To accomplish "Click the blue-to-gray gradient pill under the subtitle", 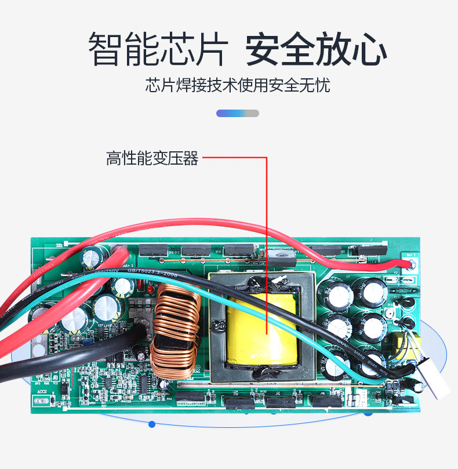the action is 238,113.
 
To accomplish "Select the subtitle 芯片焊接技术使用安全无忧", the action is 238,86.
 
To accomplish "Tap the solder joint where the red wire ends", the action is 412,265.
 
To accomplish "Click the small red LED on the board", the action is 148,288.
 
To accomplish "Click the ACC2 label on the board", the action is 42,392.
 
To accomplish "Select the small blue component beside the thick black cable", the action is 85,341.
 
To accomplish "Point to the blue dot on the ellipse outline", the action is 152,424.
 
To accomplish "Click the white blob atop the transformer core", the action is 278,280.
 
